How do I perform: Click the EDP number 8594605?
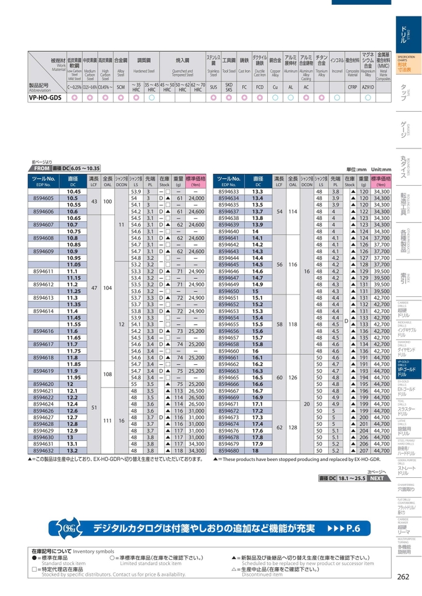click(44, 198)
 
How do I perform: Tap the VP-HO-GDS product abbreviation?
click(45, 98)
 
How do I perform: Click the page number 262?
click(403, 577)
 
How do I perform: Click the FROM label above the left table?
click(43, 168)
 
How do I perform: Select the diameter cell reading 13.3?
click(258, 191)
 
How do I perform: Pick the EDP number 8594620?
click(44, 384)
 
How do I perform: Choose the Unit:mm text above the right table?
click(378, 168)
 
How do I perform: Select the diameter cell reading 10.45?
click(73, 191)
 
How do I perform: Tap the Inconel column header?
click(336, 60)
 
